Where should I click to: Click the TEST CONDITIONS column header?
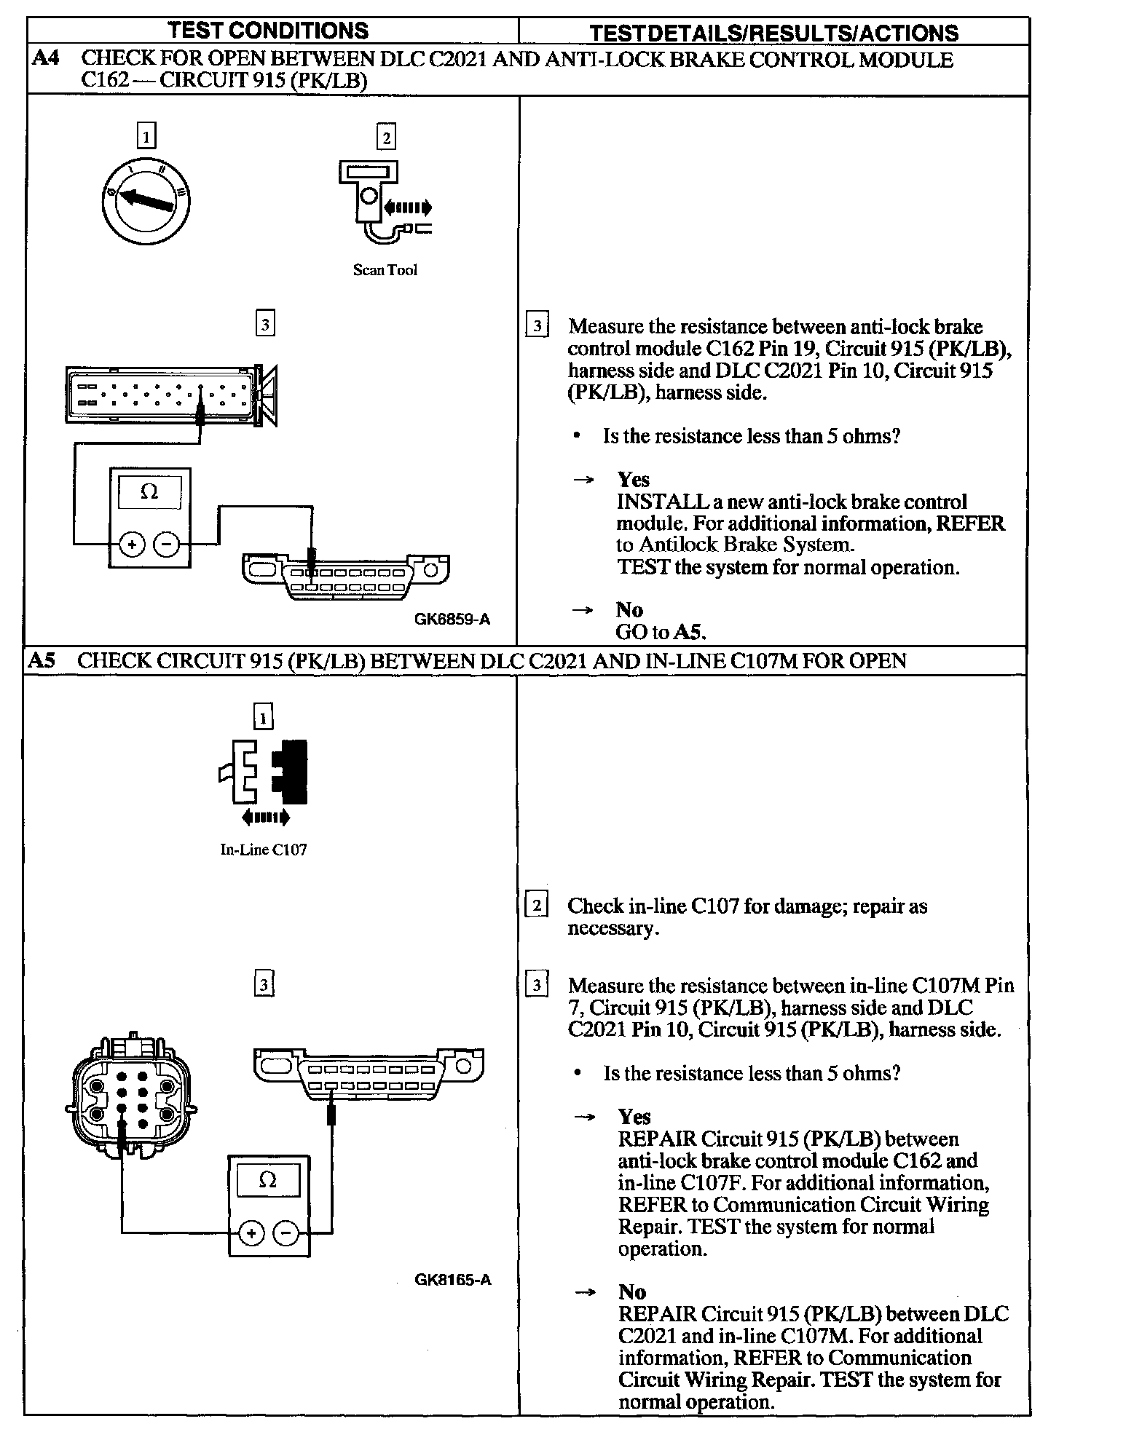coord(267,31)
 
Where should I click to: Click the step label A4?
coord(46,58)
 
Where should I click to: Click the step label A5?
coord(42,661)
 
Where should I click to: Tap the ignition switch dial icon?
coord(146,198)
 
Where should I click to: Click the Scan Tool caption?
coord(385,270)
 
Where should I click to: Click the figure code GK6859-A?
coord(452,620)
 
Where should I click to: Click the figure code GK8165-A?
coord(453,1280)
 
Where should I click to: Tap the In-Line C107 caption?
coord(264,850)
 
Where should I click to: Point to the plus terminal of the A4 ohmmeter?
coord(132,544)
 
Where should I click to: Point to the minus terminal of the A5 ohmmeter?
coord(286,1233)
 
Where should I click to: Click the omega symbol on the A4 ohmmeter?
coord(149,492)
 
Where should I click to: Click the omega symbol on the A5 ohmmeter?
coord(268,1180)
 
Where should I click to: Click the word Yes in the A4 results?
coord(633,480)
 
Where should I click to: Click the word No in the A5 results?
coord(631,1291)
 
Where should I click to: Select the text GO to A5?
coord(661,632)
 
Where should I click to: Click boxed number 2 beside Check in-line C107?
coord(537,906)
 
